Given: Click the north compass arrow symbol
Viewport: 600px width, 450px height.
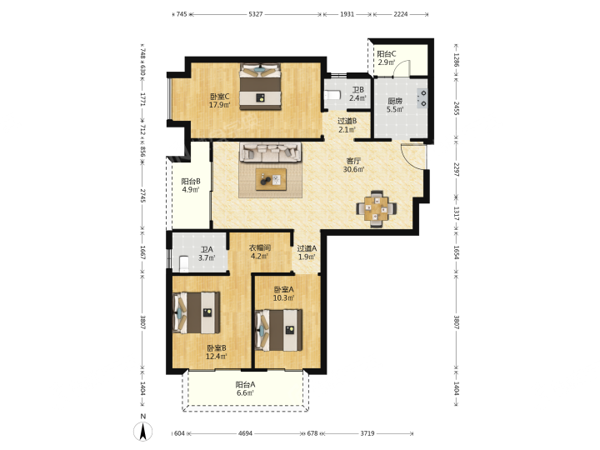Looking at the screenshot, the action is (x=142, y=432).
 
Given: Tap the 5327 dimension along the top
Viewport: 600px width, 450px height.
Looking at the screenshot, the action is (x=256, y=14).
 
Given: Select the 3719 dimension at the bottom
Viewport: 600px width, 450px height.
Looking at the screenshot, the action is (x=367, y=433).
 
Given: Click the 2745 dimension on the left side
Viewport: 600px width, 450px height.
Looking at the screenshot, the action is (x=142, y=196).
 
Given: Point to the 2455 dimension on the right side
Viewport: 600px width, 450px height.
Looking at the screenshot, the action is (x=456, y=108).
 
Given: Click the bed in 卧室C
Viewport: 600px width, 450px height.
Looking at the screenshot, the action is (x=260, y=87).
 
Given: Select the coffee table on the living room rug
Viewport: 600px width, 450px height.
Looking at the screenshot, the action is (x=271, y=179).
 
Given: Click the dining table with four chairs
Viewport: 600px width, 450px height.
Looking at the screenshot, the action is (x=376, y=208).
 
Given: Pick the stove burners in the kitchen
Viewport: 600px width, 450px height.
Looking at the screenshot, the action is (x=422, y=98).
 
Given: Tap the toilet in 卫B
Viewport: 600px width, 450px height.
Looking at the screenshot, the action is (x=332, y=94).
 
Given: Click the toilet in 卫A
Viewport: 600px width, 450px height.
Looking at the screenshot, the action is (x=184, y=263).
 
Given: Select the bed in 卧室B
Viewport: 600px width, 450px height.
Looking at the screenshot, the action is (x=197, y=312).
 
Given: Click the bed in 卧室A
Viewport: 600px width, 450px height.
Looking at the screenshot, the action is (x=278, y=330).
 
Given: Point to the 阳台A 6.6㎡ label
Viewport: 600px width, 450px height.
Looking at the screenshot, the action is (x=245, y=389).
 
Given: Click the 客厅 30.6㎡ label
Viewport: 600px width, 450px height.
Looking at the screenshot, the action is (x=353, y=165).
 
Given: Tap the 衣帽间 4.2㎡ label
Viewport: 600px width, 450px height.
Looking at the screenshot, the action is (x=260, y=252).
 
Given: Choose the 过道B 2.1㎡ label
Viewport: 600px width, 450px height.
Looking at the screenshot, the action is (x=347, y=125).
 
